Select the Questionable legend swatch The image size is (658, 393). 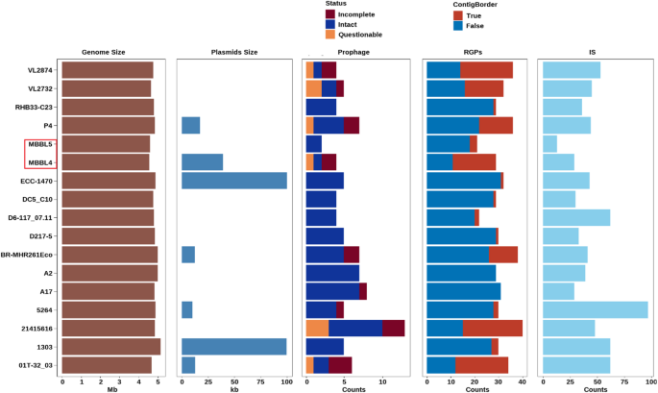(x=330, y=34)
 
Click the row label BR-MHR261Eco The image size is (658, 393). (x=31, y=255)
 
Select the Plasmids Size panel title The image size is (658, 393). (x=233, y=51)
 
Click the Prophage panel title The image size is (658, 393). (x=354, y=51)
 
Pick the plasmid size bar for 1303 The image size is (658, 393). (x=233, y=347)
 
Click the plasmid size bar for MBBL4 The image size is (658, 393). (x=202, y=161)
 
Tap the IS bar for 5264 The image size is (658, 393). (x=596, y=309)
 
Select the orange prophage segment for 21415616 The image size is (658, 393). (x=317, y=328)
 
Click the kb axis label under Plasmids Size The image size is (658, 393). (x=233, y=388)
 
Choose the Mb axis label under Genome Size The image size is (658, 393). (x=113, y=388)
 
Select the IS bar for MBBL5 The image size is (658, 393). (x=550, y=143)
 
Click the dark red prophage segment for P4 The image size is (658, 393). (x=351, y=125)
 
